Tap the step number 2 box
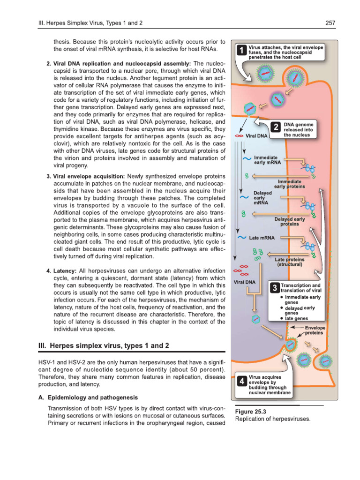277,127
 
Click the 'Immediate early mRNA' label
266,161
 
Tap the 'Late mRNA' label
262,238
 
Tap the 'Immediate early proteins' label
289,184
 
